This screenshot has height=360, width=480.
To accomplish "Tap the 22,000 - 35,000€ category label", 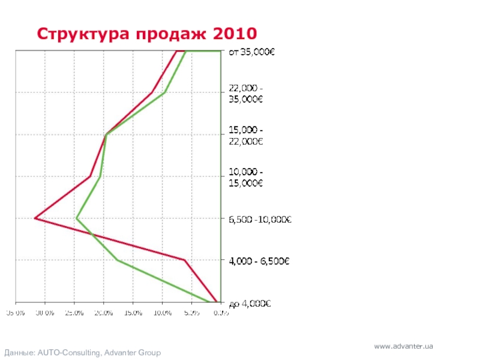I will pyautogui.click(x=246, y=94).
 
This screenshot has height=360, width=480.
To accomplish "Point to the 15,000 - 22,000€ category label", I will pyautogui.click(x=246, y=136).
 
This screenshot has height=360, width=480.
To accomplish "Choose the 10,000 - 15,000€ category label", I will pyautogui.click(x=246, y=178).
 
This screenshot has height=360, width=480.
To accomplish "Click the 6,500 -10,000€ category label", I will pyautogui.click(x=260, y=220).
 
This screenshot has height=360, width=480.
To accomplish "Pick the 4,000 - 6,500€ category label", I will pyautogui.click(x=259, y=261).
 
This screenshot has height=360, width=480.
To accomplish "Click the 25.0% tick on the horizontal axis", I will pyautogui.click(x=74, y=313).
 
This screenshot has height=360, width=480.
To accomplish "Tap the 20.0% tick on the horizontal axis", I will pyautogui.click(x=104, y=313).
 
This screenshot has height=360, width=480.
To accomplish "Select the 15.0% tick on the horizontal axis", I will pyautogui.click(x=133, y=313).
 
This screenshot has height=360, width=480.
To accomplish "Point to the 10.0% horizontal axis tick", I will pyautogui.click(x=163, y=313).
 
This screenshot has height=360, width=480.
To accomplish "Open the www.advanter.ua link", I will pyautogui.click(x=403, y=347).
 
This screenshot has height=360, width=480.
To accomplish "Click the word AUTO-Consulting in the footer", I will pyautogui.click(x=70, y=353).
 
